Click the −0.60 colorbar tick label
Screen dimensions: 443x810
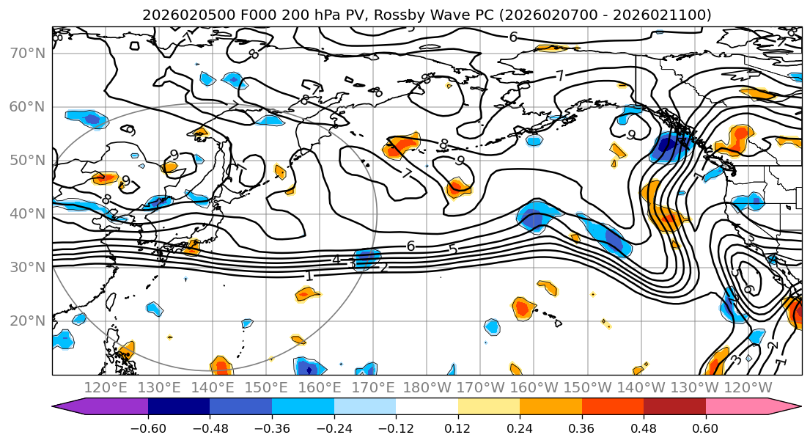pos(148,428)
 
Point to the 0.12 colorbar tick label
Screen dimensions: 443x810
pos(458,428)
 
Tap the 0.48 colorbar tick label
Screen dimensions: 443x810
pos(644,428)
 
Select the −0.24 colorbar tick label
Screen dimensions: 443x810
pos(334,428)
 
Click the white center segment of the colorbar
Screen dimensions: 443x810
pos(427,407)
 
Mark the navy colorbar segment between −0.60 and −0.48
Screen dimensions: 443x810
pos(179,407)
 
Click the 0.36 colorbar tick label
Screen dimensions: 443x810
pos(582,428)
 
